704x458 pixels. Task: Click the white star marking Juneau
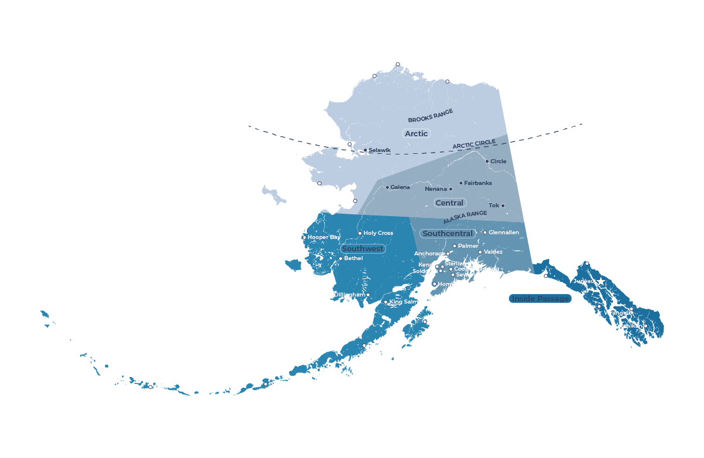(601, 282)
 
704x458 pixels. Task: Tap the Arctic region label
(416, 133)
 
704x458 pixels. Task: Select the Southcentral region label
(447, 234)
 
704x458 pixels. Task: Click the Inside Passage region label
(540, 299)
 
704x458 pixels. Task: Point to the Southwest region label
(363, 249)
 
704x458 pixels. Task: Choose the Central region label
(449, 203)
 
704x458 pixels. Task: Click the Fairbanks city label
(478, 183)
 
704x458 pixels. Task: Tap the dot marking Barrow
(398, 64)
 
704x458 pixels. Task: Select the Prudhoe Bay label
(469, 82)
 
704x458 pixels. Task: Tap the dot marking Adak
(150, 387)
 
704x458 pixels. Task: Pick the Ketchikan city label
(628, 326)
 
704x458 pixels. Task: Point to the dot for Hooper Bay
(304, 237)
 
